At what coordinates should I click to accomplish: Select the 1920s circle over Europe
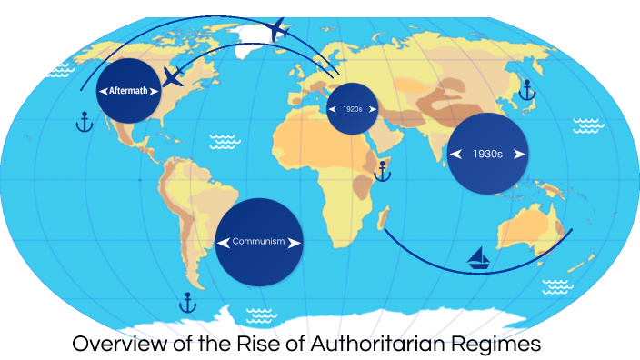[352, 109]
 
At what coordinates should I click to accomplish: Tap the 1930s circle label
[488, 154]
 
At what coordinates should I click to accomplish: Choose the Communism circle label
[259, 242]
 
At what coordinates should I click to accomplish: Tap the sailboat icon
[479, 260]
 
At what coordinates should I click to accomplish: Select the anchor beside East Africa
[383, 170]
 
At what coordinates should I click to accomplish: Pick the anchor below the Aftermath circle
[84, 122]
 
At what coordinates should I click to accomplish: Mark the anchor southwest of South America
[188, 301]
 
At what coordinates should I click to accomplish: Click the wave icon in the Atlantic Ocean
[224, 141]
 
